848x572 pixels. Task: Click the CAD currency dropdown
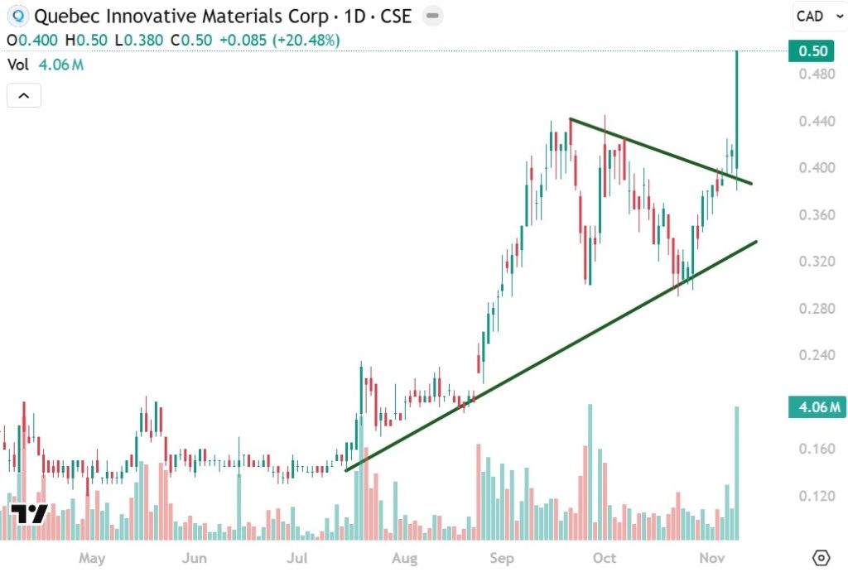(x=818, y=16)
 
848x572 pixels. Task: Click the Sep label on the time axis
(x=502, y=559)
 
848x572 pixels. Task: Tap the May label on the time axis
(x=92, y=559)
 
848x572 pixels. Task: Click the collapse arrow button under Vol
(x=23, y=96)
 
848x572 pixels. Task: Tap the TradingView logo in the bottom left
(x=28, y=513)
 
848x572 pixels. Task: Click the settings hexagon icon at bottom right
(x=821, y=557)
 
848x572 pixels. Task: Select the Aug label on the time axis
(x=403, y=559)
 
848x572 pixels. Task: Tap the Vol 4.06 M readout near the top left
(x=45, y=65)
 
